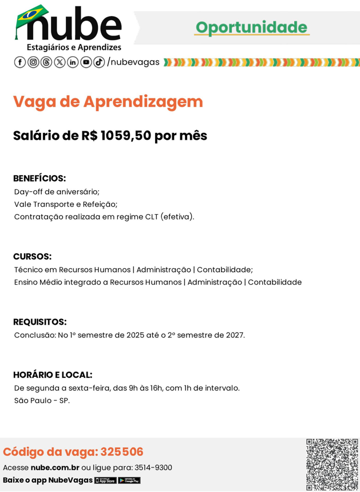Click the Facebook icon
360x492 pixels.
click(19, 62)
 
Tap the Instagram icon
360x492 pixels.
click(33, 62)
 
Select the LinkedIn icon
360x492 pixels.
click(73, 62)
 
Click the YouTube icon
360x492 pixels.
click(86, 62)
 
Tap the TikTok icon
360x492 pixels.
click(99, 62)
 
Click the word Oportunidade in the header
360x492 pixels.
click(251, 27)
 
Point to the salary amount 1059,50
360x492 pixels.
click(125, 136)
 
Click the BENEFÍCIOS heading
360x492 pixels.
click(39, 178)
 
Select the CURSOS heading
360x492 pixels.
click(32, 256)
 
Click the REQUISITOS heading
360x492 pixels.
click(39, 322)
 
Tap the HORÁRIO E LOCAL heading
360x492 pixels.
click(53, 375)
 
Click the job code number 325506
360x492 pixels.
click(124, 452)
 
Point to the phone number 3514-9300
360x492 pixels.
click(153, 467)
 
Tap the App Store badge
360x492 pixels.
click(105, 480)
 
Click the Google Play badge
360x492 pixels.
click(129, 480)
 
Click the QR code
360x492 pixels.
click(331, 464)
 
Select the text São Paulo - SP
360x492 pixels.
click(42, 400)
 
